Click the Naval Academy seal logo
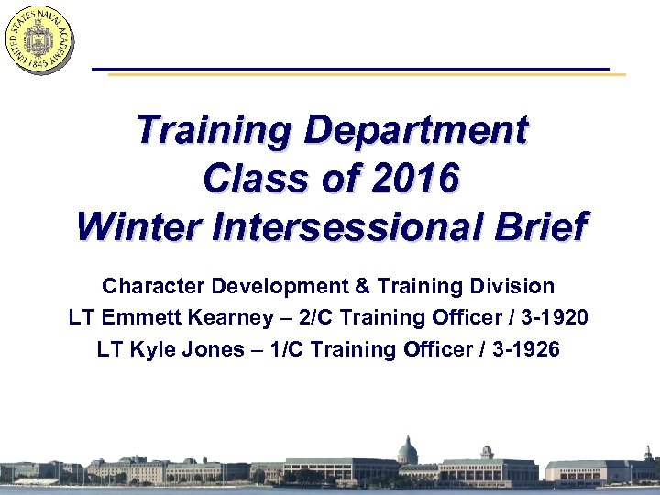click(38, 38)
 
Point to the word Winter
click(137, 225)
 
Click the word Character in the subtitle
click(153, 286)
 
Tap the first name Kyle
click(158, 349)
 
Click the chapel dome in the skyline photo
click(407, 449)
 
